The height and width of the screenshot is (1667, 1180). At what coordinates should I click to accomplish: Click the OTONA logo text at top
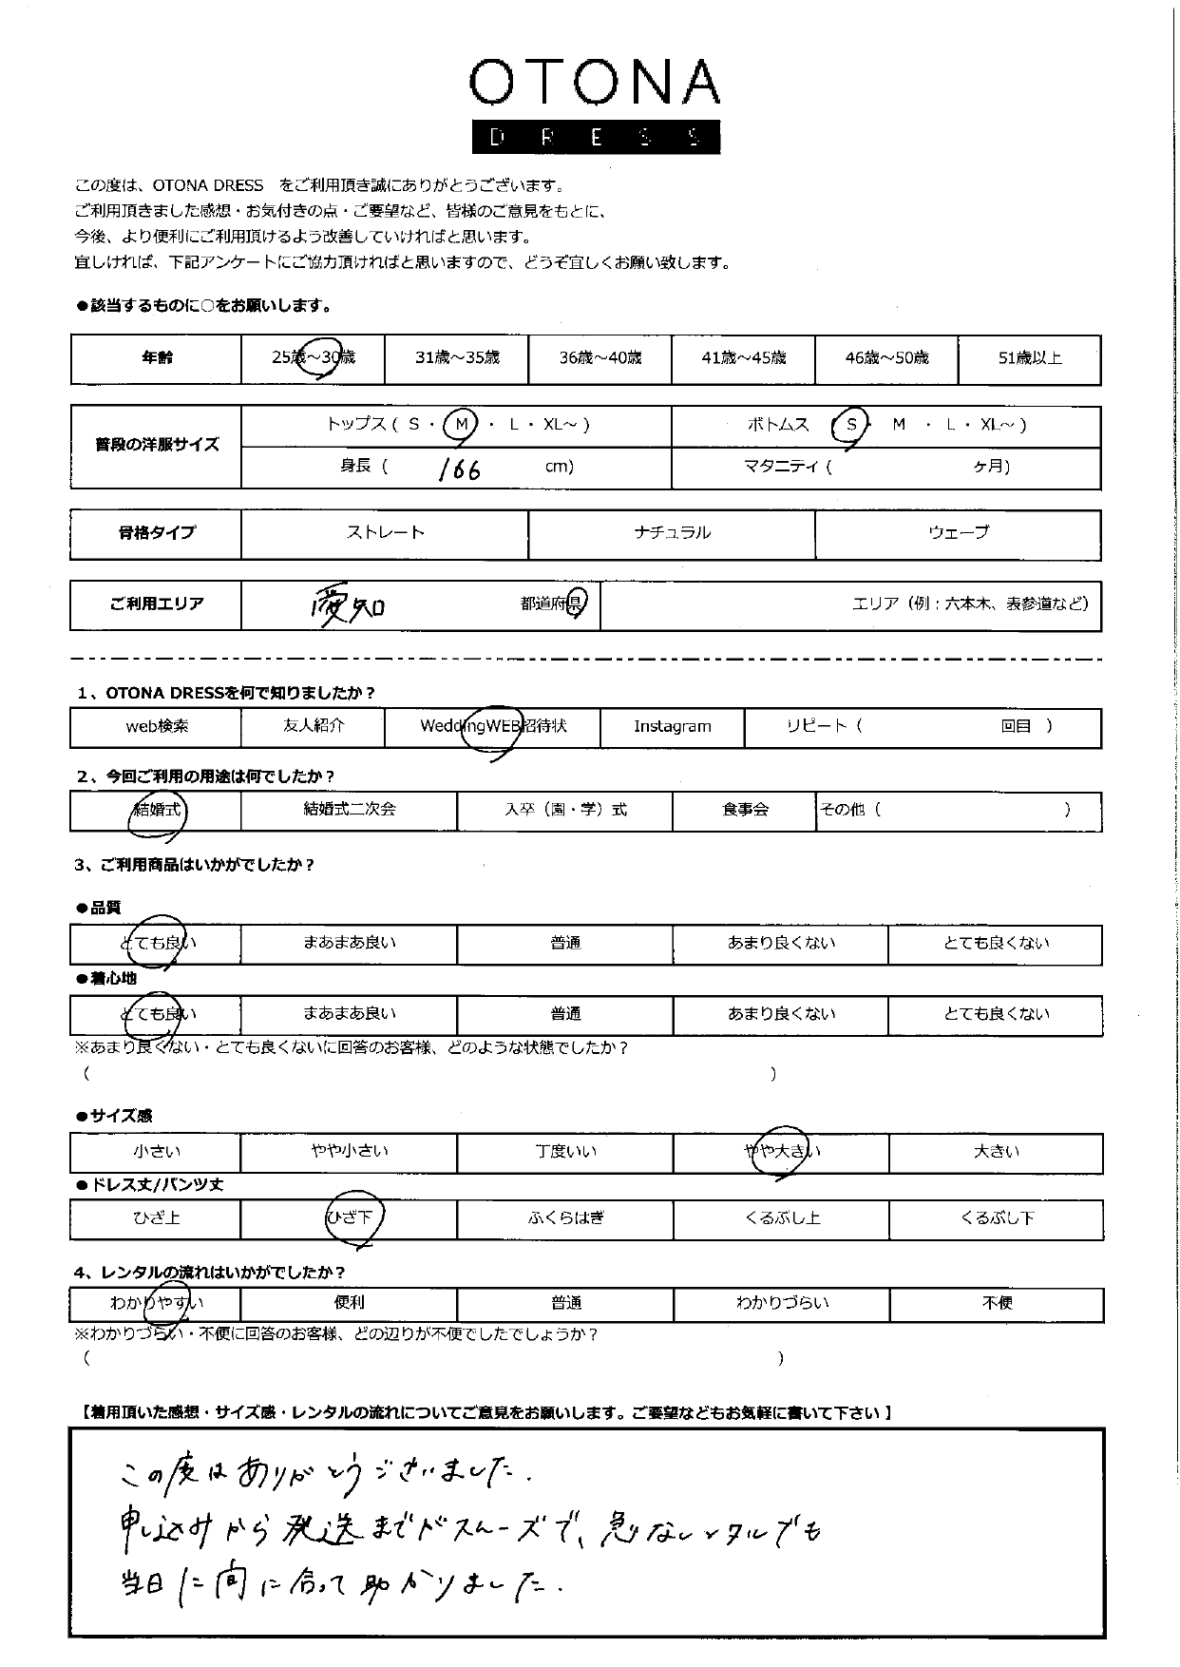tap(594, 84)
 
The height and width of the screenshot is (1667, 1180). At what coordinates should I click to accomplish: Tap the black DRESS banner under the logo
tap(596, 137)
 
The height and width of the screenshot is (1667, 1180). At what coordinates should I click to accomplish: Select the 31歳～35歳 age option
tap(457, 358)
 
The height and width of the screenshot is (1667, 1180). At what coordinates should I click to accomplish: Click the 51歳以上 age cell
tap(1029, 358)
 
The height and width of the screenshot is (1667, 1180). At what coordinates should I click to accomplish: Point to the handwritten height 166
tap(460, 469)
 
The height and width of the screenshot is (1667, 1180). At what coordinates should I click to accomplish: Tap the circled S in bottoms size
tap(851, 425)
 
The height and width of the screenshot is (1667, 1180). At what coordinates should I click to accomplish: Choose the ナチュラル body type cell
tap(672, 533)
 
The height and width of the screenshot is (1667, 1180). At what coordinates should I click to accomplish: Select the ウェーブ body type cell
tap(958, 533)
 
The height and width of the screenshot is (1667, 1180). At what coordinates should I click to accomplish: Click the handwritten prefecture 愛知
tap(348, 605)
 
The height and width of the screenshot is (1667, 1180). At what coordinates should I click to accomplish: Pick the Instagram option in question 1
tap(673, 727)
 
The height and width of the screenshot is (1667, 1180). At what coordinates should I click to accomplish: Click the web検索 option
tap(157, 727)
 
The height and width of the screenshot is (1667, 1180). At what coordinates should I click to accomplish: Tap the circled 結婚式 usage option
tap(158, 811)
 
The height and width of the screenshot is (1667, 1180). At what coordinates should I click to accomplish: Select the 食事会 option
tap(745, 811)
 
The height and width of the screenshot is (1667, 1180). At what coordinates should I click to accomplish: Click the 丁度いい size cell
tap(565, 1152)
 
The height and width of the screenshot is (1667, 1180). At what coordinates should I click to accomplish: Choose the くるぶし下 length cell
tap(997, 1218)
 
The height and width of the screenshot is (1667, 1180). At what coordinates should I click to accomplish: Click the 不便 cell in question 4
tap(997, 1303)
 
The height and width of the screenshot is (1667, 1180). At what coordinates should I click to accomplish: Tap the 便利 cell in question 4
tap(349, 1303)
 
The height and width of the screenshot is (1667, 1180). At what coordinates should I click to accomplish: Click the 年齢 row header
tap(157, 358)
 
